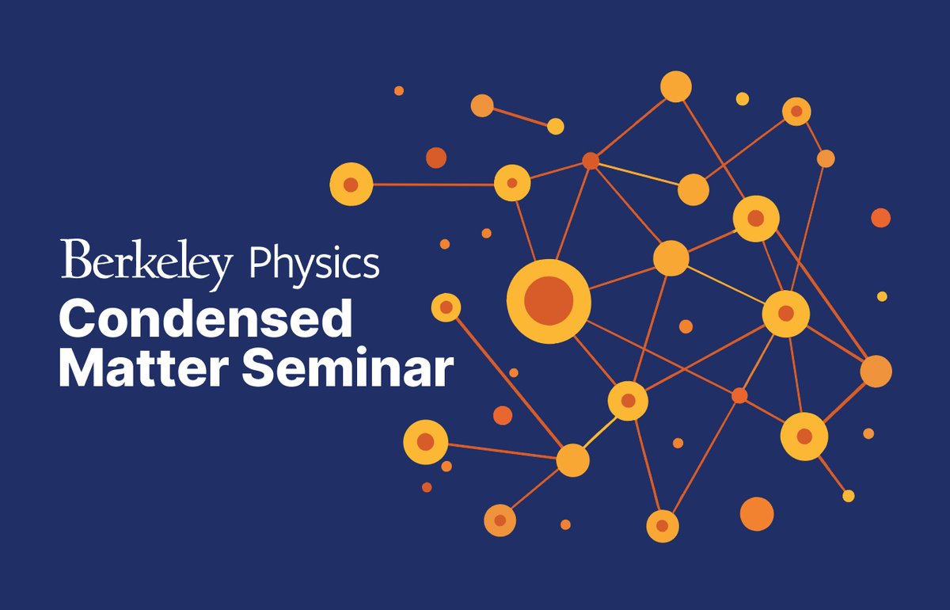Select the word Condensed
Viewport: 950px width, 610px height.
point(205,322)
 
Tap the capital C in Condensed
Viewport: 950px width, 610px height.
point(78,322)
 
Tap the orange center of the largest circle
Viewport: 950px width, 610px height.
point(549,302)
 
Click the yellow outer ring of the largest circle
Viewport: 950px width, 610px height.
point(549,271)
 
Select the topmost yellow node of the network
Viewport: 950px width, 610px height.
point(676,86)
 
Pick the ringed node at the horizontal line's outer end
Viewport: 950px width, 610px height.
point(351,185)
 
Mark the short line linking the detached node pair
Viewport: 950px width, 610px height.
point(519,116)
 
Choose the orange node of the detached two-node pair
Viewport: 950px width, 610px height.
point(482,105)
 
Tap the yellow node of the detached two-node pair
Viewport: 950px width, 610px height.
point(556,126)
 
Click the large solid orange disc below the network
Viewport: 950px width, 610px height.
point(756,513)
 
